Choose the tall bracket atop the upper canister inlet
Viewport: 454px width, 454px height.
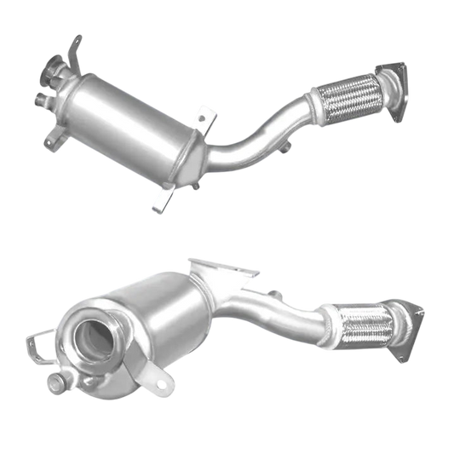tap(72, 51)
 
